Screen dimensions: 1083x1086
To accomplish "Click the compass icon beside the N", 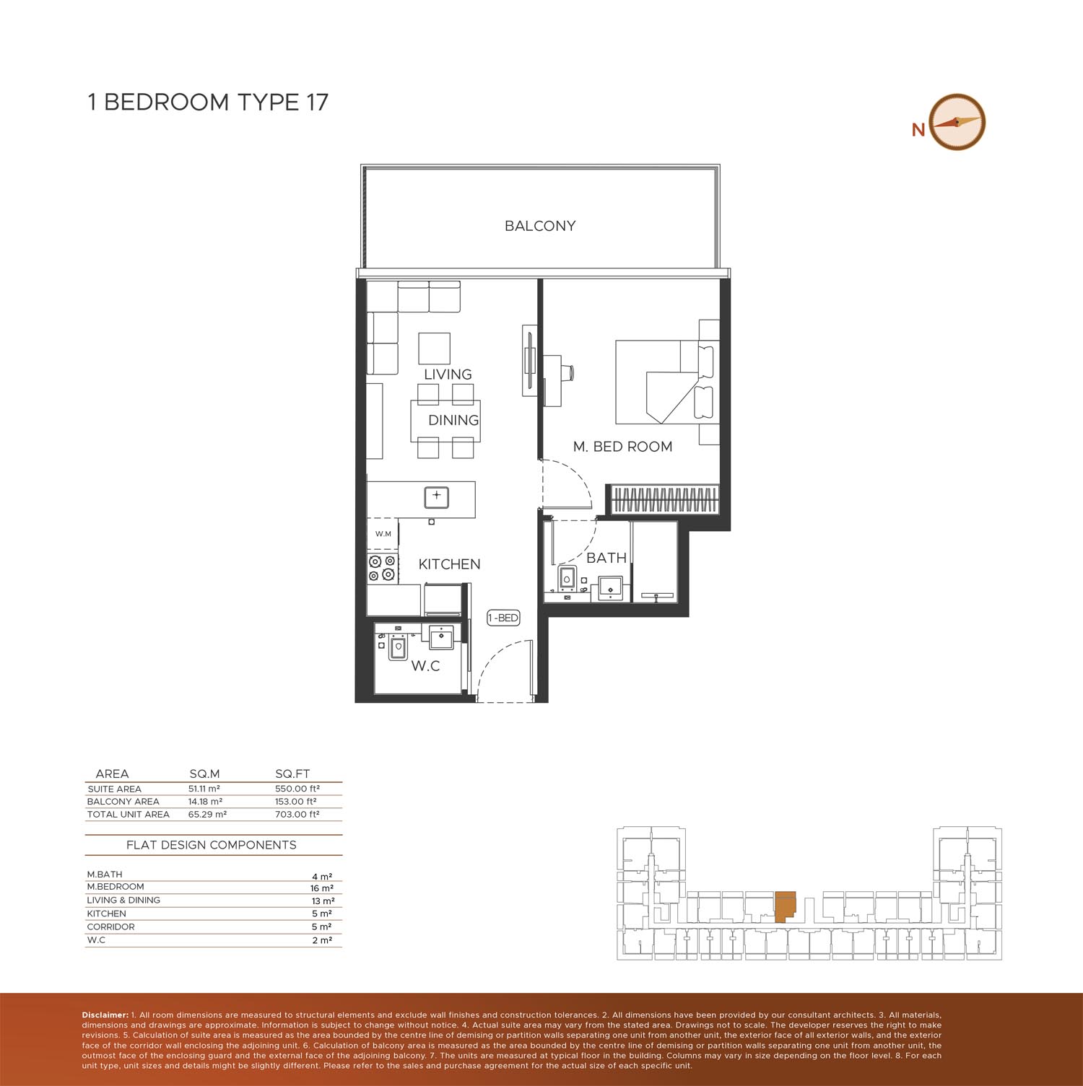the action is tap(957, 123).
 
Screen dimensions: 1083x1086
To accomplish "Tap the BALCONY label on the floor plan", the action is tap(540, 226).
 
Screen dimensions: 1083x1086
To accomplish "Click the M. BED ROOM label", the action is tap(622, 447).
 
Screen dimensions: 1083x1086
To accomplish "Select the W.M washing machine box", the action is tap(383, 534).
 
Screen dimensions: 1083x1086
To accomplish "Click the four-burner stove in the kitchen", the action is tap(383, 568).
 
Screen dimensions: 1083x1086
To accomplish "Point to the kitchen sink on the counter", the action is tap(436, 497).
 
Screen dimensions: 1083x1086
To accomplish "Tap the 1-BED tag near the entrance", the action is tap(503, 618).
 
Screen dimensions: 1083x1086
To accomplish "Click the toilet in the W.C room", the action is tap(398, 647).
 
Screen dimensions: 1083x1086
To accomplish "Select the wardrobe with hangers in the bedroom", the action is tap(665, 499).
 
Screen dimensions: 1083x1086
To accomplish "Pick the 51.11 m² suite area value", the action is tap(204, 789).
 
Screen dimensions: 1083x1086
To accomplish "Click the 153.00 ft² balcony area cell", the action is tap(296, 802).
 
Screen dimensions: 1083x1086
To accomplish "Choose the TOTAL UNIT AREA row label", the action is tap(128, 815).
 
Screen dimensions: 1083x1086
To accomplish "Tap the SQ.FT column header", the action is tap(292, 774).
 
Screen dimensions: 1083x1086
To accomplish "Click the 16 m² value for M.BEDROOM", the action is tap(322, 888).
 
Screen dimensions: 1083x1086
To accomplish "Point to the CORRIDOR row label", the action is tap(110, 927).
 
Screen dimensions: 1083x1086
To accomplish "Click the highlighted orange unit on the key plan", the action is tap(784, 906).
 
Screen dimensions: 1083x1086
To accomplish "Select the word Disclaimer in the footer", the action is tap(105, 1015).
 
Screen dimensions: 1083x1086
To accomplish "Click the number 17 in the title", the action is tap(316, 102).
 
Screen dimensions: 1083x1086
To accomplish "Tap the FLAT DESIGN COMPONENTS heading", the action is tap(212, 845).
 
